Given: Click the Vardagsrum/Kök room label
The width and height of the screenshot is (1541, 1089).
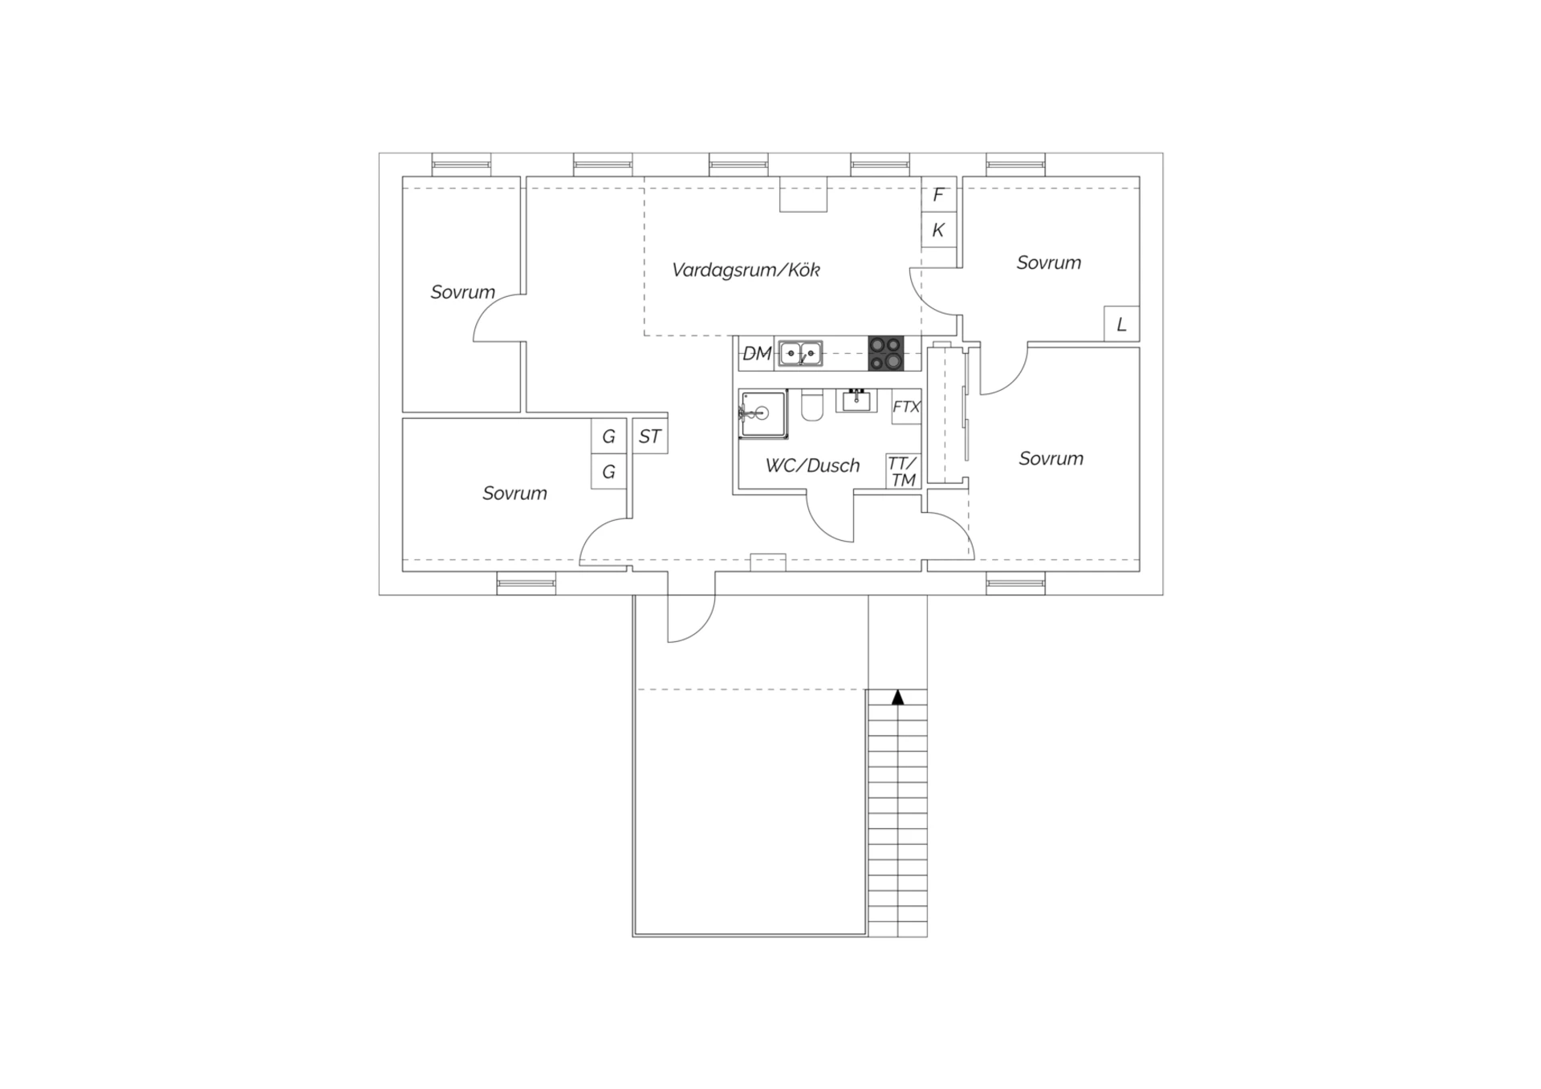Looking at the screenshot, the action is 746,270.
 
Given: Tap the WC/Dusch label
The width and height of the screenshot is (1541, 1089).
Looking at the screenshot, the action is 812,465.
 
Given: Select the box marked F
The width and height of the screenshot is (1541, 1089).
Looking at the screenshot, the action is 938,195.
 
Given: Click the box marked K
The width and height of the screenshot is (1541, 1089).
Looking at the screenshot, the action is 938,230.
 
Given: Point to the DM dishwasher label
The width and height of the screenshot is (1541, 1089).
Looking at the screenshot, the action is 757,353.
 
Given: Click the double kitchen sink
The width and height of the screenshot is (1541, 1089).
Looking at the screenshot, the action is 800,353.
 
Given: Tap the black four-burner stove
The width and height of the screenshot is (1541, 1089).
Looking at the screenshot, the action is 885,353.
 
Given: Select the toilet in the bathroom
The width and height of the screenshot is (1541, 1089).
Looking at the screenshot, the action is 812,405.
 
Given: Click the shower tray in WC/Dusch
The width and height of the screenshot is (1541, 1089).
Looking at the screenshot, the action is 763,414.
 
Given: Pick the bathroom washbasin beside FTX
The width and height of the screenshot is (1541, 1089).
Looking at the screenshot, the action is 856,400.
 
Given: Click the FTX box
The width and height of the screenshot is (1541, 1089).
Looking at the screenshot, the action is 906,407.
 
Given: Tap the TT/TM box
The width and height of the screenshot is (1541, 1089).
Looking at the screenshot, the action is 903,471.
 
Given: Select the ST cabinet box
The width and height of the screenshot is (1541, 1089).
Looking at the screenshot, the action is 649,437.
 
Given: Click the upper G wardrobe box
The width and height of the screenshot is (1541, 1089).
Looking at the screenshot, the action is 608,437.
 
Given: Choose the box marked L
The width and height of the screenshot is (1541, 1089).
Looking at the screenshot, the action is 1121,324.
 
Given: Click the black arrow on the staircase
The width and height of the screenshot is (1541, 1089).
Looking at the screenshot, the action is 897,697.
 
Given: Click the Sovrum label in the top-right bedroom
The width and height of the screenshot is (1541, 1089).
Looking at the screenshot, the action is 1048,262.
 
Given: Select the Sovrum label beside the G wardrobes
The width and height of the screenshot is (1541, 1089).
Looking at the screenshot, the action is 514,493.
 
